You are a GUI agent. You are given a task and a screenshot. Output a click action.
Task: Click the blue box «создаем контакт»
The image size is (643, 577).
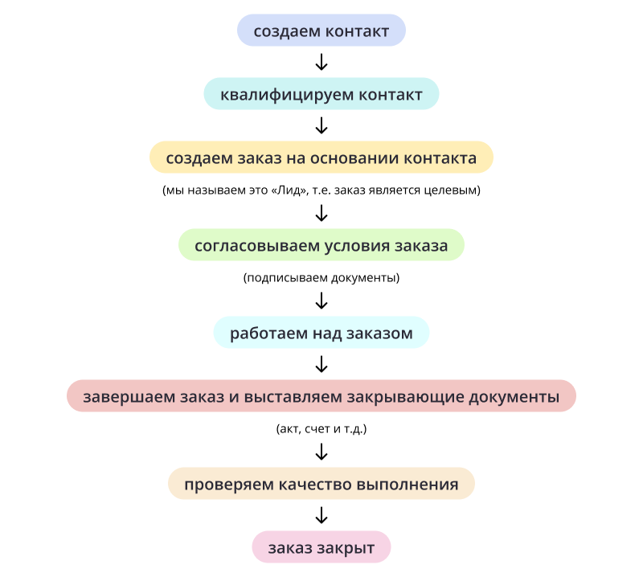(321, 31)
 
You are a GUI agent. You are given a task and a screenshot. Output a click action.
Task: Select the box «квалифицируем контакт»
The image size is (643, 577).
(321, 94)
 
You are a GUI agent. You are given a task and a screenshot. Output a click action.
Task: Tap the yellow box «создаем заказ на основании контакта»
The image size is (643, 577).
(321, 158)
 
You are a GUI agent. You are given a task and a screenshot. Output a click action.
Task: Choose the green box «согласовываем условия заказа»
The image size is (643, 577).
(321, 245)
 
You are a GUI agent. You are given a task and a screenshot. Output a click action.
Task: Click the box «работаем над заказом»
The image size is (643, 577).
(321, 333)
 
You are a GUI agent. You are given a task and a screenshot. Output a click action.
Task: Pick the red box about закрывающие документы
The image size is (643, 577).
(321, 396)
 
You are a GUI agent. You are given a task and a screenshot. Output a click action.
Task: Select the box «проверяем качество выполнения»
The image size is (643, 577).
(321, 484)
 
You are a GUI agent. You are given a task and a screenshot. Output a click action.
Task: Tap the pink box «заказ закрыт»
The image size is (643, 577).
(321, 547)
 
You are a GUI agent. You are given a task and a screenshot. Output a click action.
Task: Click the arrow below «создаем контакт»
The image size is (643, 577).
(321, 62)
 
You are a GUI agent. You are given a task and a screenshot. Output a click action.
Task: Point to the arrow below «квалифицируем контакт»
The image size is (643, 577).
(321, 125)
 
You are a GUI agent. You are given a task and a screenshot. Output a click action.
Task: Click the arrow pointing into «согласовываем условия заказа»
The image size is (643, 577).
(321, 213)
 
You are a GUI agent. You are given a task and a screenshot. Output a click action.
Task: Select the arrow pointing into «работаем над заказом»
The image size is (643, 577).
(321, 301)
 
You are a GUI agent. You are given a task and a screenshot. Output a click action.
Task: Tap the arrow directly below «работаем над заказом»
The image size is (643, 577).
(321, 364)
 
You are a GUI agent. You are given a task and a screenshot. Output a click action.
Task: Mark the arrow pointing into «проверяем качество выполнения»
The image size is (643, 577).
(321, 452)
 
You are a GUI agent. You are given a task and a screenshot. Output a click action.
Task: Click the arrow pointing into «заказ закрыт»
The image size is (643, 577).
(321, 515)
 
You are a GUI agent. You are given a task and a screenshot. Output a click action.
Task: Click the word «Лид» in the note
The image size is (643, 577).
(290, 190)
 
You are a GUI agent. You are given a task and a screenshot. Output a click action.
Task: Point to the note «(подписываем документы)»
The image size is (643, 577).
(321, 278)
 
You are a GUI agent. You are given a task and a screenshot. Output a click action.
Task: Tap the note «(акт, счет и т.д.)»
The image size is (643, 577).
(321, 429)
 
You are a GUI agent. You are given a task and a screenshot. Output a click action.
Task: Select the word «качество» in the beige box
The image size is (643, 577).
(315, 485)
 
